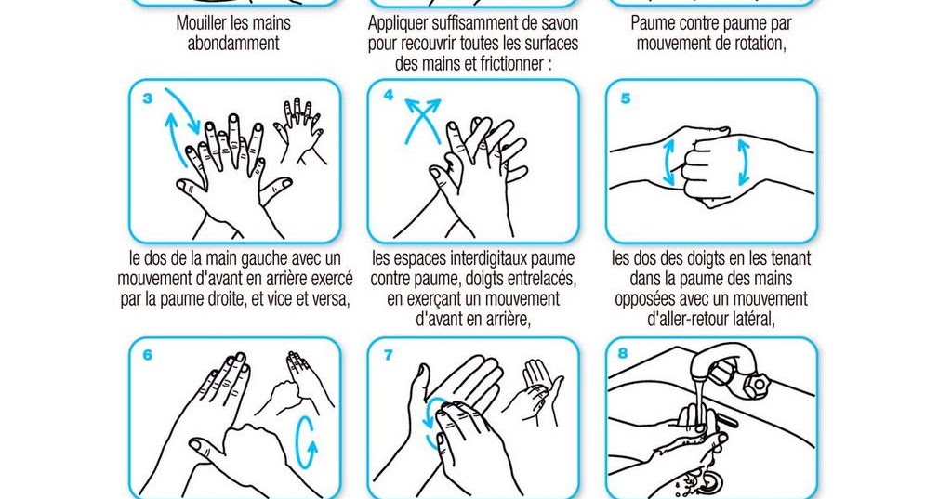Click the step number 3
148,98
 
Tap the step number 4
388,96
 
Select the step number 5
626,98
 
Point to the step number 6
148,355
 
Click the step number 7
388,355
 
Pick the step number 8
626,355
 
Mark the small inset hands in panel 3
297,130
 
